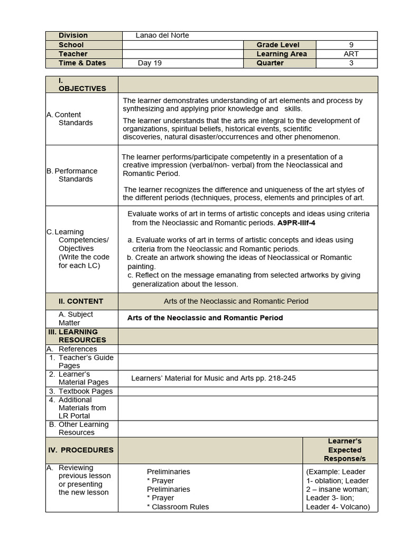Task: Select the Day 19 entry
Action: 150,63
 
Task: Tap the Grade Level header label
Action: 278,45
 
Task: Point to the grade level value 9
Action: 351,45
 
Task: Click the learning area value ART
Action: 351,54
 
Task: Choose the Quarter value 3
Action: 351,63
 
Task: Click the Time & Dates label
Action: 82,63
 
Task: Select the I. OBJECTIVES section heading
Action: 82,85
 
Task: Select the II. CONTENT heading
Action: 81,301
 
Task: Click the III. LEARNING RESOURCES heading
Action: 80,336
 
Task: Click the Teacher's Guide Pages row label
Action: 85,362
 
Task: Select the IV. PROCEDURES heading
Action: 87,450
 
